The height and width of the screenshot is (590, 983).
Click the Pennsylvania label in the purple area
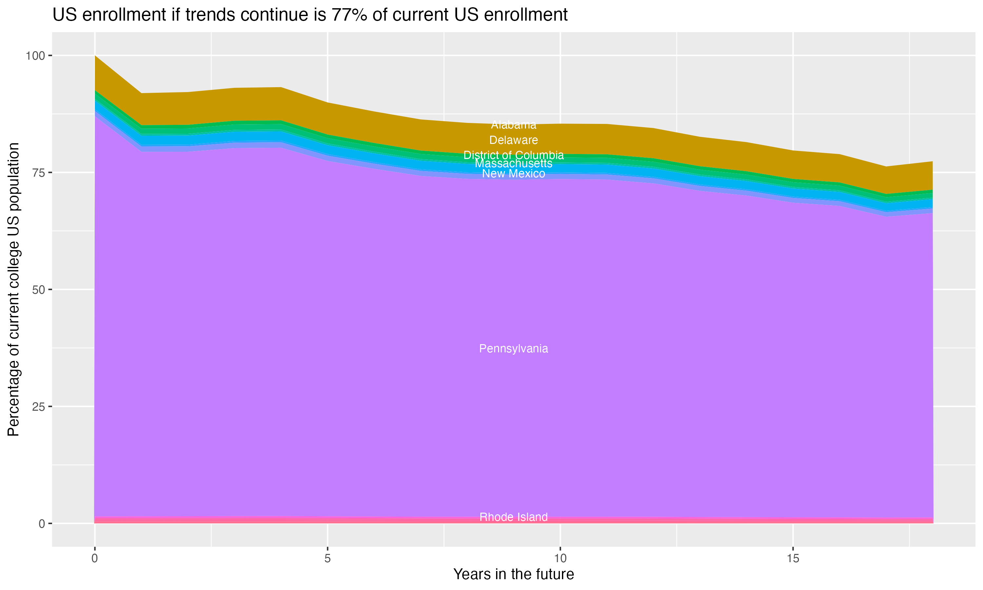[x=513, y=349]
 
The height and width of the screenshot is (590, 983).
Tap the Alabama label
[x=513, y=125]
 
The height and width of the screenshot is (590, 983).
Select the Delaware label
[x=513, y=140]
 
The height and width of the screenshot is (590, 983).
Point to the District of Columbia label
[x=513, y=155]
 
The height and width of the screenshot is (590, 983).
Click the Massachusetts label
[x=513, y=164]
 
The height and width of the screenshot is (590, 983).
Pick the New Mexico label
[x=513, y=174]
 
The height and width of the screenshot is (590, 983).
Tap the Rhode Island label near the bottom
[x=513, y=517]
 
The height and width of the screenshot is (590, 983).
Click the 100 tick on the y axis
[x=35, y=56]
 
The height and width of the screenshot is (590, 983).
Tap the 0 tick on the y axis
[x=41, y=523]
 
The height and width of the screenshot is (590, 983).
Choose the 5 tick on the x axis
[x=327, y=559]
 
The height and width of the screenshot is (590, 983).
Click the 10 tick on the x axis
[x=560, y=559]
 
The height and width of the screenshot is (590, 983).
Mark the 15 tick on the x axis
[x=793, y=559]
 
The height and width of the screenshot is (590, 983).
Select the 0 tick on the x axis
[x=95, y=559]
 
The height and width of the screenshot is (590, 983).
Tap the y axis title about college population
[x=13, y=289]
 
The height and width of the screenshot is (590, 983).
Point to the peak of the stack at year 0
[x=95, y=56]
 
